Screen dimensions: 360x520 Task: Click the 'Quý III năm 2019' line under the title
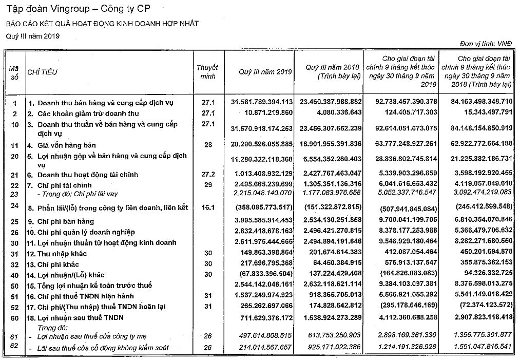click(x=33, y=36)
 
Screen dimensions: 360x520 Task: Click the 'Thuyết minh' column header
click(x=207, y=72)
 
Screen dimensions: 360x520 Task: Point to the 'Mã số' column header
click(x=14, y=72)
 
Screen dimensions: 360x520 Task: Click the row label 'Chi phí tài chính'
click(x=64, y=185)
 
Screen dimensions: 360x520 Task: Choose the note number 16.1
click(x=207, y=207)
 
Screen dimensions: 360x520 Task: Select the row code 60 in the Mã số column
click(x=14, y=318)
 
